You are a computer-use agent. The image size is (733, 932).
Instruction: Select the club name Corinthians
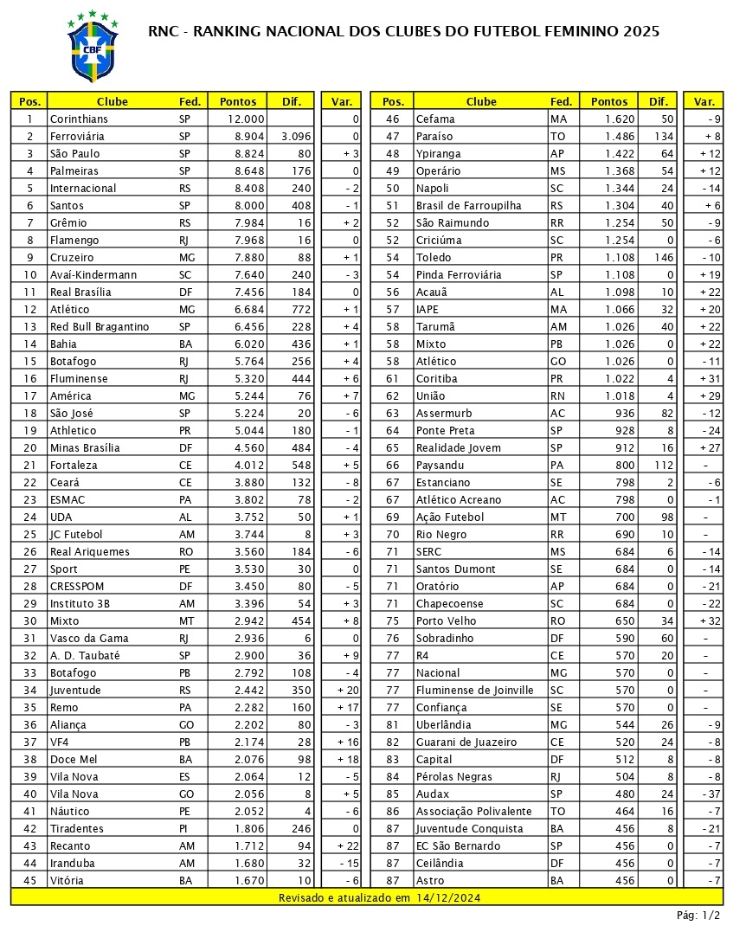tap(79, 119)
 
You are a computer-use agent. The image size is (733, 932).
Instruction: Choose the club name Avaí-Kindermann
tap(93, 275)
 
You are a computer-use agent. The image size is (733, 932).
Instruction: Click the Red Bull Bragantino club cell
tap(100, 327)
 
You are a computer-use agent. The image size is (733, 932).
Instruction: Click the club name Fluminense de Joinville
tap(473, 691)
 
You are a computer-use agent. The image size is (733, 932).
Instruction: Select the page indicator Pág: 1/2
tap(698, 916)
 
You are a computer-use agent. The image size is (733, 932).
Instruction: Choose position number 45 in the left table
tap(30, 881)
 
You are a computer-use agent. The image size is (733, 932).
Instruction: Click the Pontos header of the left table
tap(238, 101)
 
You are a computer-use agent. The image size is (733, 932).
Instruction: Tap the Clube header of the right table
tap(481, 101)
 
